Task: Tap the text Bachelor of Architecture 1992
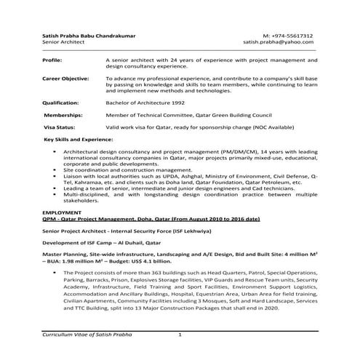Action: pyautogui.click(x=145, y=103)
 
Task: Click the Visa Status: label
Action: pyautogui.click(x=60, y=127)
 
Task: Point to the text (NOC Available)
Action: pyautogui.click(x=271, y=127)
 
